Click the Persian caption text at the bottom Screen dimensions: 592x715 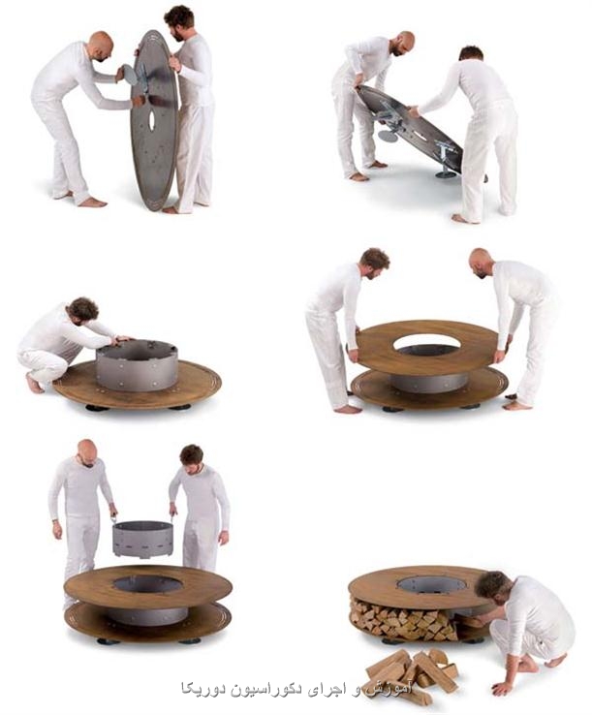[296, 689]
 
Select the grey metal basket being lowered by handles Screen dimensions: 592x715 [143, 539]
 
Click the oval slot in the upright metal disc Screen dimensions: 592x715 [151, 119]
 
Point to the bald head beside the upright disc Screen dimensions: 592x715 [102, 47]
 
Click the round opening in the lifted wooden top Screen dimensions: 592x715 [426, 343]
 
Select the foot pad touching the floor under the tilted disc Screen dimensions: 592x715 [446, 174]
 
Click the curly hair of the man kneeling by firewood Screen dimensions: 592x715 [492, 584]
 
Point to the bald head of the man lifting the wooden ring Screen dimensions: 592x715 [481, 263]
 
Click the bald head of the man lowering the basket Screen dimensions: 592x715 [87, 452]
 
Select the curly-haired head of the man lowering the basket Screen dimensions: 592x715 [192, 459]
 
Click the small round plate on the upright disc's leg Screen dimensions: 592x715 [130, 75]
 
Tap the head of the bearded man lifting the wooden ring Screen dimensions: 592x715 [374, 263]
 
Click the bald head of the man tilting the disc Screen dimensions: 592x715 [403, 43]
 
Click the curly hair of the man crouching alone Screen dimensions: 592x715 [83, 308]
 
